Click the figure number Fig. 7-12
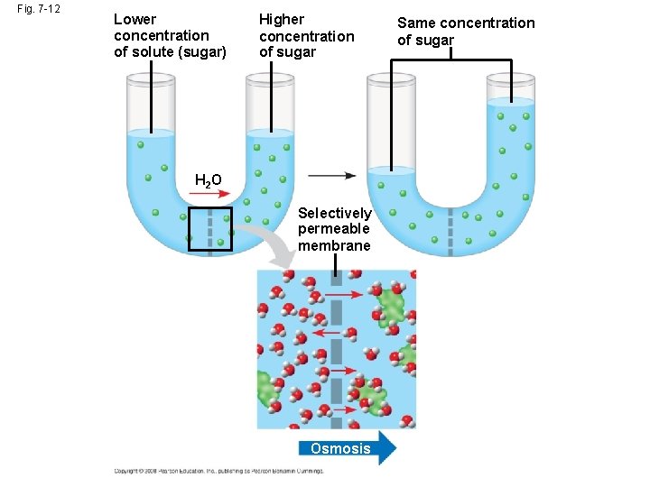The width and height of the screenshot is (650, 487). tap(37, 9)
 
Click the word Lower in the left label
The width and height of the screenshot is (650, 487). tap(135, 19)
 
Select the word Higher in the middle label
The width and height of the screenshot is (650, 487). tap(282, 19)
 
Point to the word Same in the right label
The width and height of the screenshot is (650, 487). tap(416, 23)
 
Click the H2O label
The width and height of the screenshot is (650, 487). tap(208, 180)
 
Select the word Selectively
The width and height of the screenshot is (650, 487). tap(334, 213)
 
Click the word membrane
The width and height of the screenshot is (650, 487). tap(334, 246)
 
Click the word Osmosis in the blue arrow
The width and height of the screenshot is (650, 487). tap(339, 448)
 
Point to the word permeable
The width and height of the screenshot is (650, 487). tap(333, 229)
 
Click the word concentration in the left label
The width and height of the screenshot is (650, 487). tap(161, 35)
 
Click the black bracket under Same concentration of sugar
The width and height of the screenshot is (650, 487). tap(451, 61)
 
